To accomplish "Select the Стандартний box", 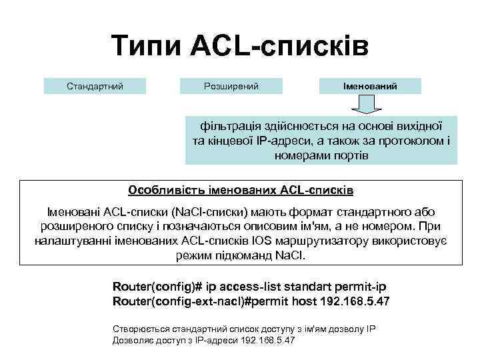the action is (x=95, y=86).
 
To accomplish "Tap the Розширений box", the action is (x=231, y=86).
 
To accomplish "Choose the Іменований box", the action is (x=370, y=86).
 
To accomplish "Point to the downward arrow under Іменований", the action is (x=365, y=105).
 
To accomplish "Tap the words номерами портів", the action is (x=321, y=155).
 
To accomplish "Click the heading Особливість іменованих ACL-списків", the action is (x=241, y=190).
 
